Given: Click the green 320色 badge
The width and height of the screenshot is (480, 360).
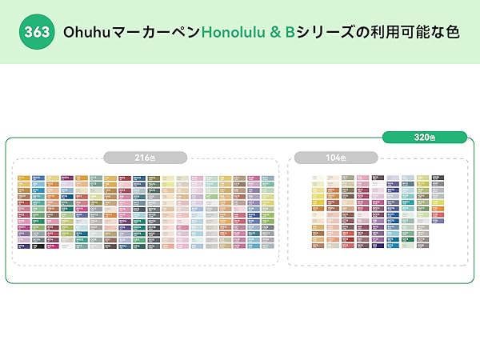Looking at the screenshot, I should [x=424, y=138].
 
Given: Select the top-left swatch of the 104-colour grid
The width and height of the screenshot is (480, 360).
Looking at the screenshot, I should [x=316, y=178].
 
